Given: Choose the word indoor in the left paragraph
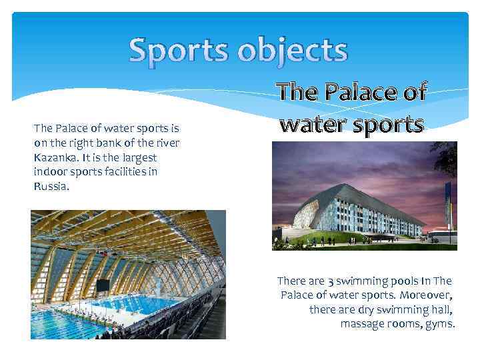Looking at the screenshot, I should click(49, 172).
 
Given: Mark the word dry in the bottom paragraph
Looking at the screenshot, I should click(371, 309).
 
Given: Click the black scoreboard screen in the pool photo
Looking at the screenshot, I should click(103, 285).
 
